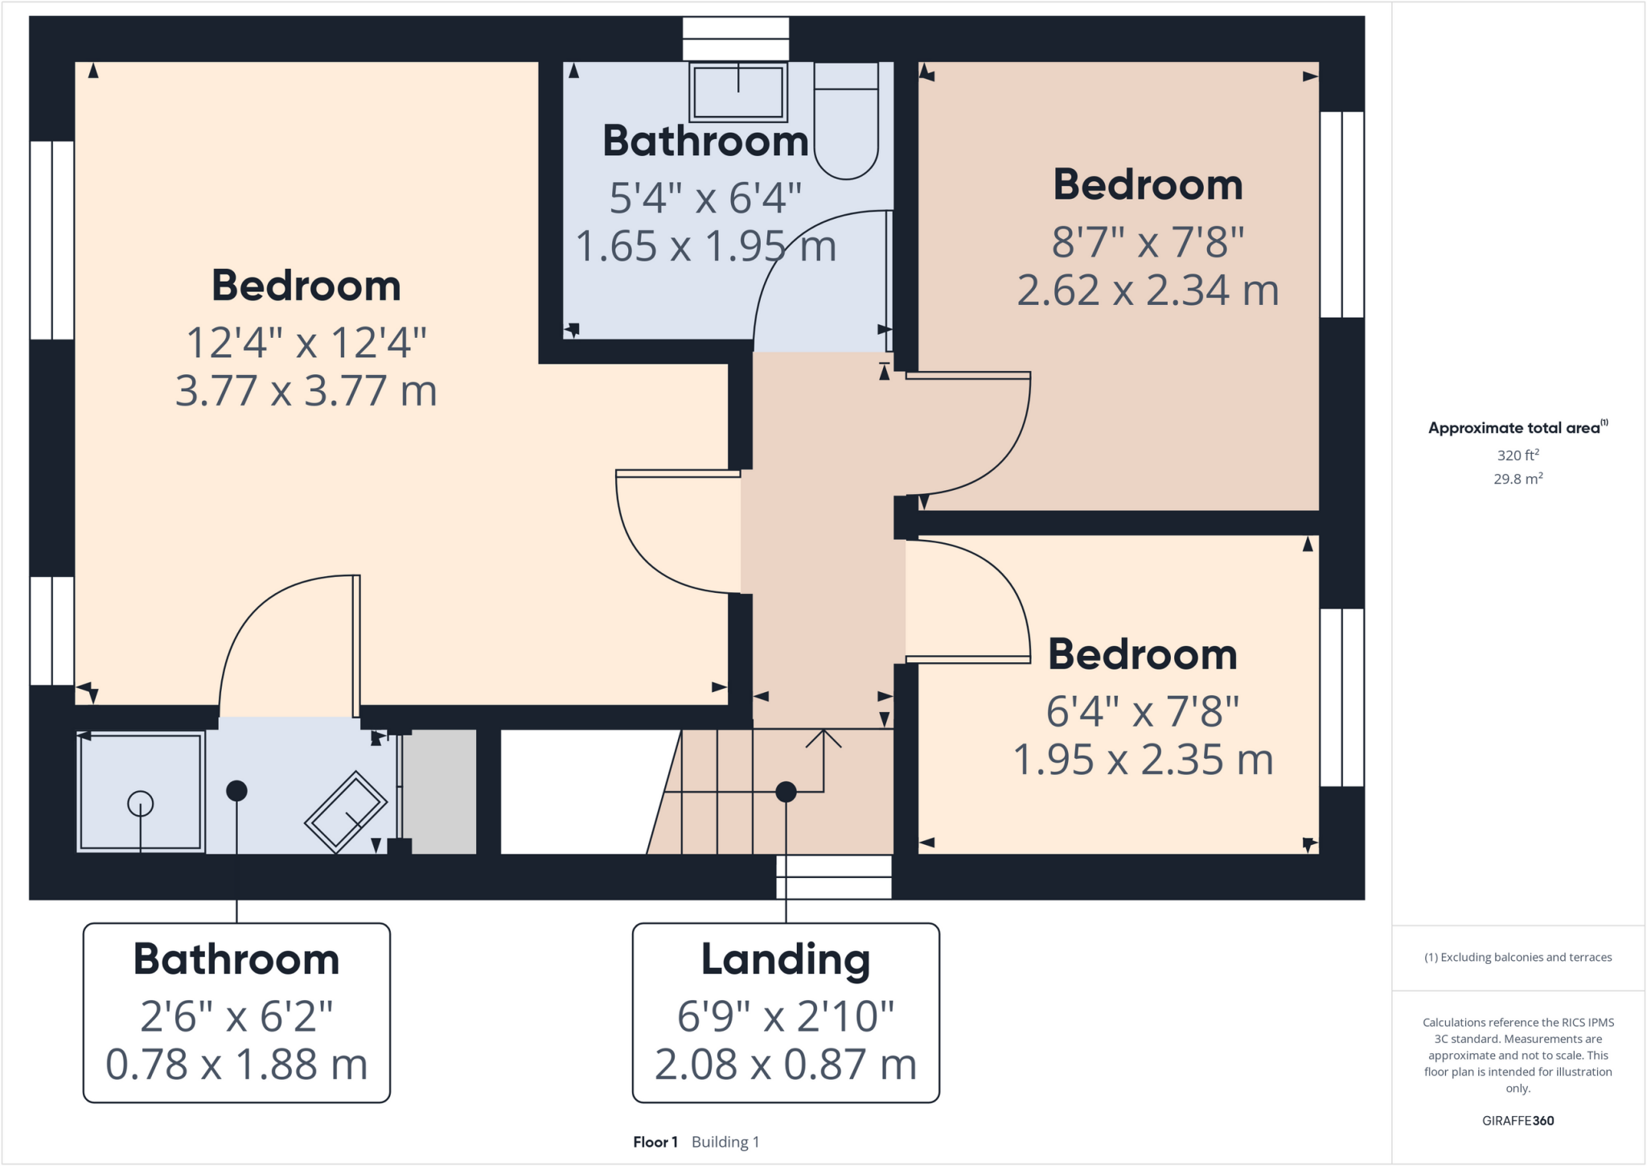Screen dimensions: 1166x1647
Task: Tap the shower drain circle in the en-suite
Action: click(x=140, y=803)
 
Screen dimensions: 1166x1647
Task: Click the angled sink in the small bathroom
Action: click(x=346, y=811)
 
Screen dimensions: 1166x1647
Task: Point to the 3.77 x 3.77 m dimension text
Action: click(x=306, y=391)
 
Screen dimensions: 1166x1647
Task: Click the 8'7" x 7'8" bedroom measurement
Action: click(x=1148, y=241)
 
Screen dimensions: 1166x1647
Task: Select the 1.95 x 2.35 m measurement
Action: click(x=1142, y=760)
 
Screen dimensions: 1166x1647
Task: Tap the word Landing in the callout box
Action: click(x=785, y=960)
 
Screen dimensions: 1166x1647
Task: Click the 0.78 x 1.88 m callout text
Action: click(x=236, y=1065)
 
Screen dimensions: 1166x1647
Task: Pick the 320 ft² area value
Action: click(x=1518, y=455)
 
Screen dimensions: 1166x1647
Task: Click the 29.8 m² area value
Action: click(x=1518, y=479)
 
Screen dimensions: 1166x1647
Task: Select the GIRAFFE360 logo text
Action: click(x=1518, y=1120)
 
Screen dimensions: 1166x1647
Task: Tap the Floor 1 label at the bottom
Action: click(x=655, y=1142)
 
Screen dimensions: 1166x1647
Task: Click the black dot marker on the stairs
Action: click(x=786, y=792)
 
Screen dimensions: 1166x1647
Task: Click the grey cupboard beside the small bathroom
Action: click(x=439, y=792)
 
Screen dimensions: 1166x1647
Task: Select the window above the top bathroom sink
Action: click(x=736, y=39)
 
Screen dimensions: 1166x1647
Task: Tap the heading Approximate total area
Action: click(x=1514, y=428)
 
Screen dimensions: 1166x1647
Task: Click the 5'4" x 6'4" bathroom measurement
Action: click(x=705, y=198)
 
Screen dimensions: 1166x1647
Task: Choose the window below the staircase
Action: click(x=834, y=876)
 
